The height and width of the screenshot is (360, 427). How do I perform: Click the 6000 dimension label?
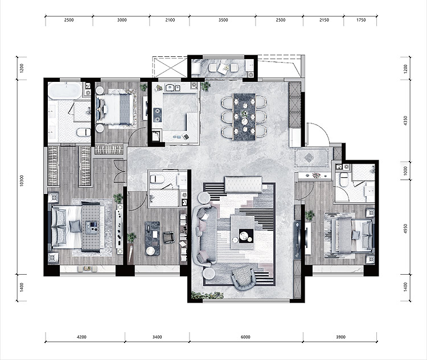[x=245, y=337]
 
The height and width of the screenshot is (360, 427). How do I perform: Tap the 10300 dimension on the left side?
[x=22, y=181]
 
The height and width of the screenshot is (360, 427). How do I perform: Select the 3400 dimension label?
[x=157, y=337]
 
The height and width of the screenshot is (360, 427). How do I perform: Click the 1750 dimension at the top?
[x=361, y=20]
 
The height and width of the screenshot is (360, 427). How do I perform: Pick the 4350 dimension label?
[x=405, y=121]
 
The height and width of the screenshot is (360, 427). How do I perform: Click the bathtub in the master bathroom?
[x=65, y=90]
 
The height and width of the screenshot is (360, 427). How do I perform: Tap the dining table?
[x=244, y=117]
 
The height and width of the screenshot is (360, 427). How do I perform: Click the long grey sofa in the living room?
[x=204, y=235]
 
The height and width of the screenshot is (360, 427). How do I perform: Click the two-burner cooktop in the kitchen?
[x=157, y=115]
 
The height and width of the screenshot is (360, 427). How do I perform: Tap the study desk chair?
[x=169, y=237]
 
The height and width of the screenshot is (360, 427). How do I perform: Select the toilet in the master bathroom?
[x=84, y=133]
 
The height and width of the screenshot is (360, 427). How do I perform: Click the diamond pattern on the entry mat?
[x=309, y=158]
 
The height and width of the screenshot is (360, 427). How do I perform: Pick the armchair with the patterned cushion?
[x=244, y=278]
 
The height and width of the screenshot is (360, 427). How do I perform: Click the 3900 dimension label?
[x=340, y=337]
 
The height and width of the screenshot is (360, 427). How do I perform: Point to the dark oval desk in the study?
[x=152, y=238]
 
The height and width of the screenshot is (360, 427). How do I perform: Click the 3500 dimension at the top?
[x=223, y=20]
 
